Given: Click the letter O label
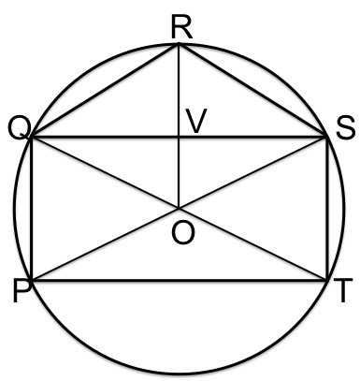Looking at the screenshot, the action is [x=182, y=233].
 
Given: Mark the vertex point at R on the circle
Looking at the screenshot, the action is [x=179, y=44].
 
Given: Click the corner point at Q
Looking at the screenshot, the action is [x=32, y=139].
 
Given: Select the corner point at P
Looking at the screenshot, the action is [x=32, y=279].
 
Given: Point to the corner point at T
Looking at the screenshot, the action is [x=326, y=279].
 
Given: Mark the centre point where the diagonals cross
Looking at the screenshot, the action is [x=179, y=209].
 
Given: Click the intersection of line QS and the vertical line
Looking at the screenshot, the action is [x=179, y=139].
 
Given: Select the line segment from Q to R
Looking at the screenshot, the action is [x=105, y=92].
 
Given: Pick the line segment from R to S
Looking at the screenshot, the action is [x=252, y=92].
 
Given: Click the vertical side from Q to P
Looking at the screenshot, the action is [x=32, y=209].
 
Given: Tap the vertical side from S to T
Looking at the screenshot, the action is [x=326, y=209].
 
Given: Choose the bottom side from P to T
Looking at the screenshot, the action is [x=179, y=279].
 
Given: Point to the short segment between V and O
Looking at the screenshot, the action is [x=179, y=174].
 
